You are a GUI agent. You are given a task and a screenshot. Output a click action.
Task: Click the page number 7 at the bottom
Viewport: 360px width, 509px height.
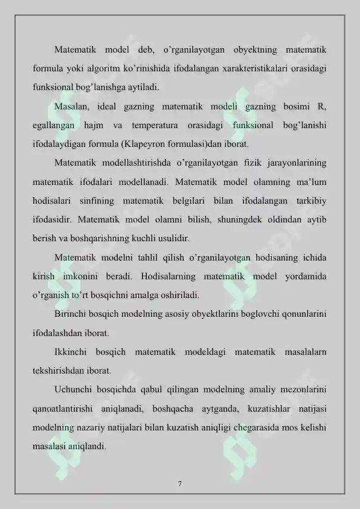tap(180, 483)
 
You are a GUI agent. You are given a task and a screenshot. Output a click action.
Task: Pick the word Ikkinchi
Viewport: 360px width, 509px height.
tap(72, 351)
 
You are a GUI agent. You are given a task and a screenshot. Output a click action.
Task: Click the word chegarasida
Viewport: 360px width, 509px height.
tap(243, 427)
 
